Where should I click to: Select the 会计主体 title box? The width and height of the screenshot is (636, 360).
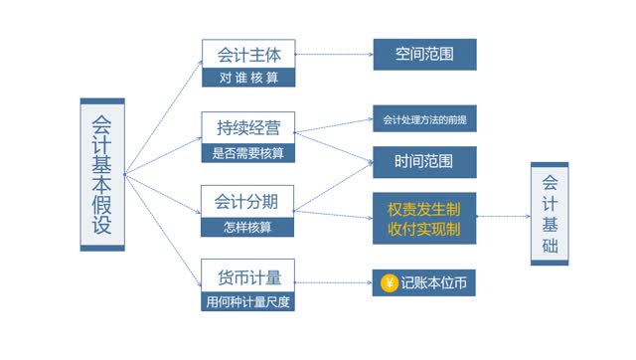pos(247,54)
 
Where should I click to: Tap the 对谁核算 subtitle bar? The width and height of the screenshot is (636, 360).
pos(247,78)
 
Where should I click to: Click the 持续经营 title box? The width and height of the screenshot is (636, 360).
pos(247,126)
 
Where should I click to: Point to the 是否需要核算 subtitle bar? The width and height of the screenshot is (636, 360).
pos(247,153)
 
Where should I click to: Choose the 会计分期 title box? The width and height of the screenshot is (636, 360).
pos(247,201)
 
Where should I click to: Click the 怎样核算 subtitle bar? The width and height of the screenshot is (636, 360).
pos(247,227)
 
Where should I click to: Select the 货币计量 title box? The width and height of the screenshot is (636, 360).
pos(247,273)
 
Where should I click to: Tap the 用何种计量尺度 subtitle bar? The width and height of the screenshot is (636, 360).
pos(247,300)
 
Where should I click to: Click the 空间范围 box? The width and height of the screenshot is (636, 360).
pos(424,54)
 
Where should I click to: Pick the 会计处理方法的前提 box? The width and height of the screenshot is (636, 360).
pos(424,119)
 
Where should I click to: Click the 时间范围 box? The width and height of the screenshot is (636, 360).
pos(424,161)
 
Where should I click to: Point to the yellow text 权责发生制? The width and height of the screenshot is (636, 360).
pos(424,210)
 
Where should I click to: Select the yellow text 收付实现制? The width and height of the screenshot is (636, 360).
pos(424,230)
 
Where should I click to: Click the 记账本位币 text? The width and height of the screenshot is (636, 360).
pos(434,283)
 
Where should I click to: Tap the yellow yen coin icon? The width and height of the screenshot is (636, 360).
pos(389,283)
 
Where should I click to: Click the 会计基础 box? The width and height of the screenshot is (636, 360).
pos(550,214)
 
